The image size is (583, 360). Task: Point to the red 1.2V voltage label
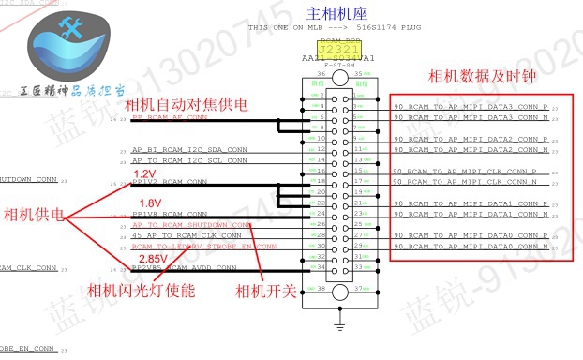click(145, 174)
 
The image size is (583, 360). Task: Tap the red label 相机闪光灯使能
click(141, 291)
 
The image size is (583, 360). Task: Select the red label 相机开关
click(266, 291)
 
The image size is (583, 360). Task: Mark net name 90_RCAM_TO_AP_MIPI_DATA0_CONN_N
click(470, 246)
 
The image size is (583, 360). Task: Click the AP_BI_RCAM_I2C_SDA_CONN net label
click(189, 150)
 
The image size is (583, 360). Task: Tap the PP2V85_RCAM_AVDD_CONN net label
click(184, 267)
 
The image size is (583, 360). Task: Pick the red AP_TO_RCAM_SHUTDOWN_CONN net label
click(191, 225)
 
